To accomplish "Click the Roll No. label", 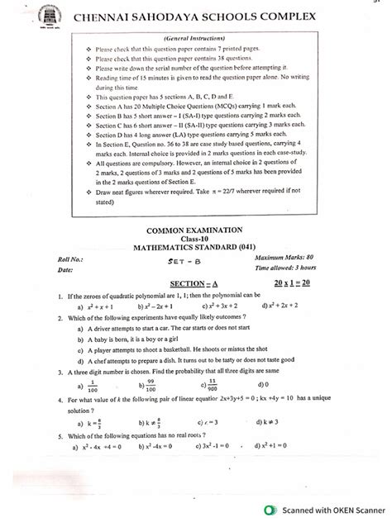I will click(51, 258).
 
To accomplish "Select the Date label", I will click(45, 269).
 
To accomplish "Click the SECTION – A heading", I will click(196, 283).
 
